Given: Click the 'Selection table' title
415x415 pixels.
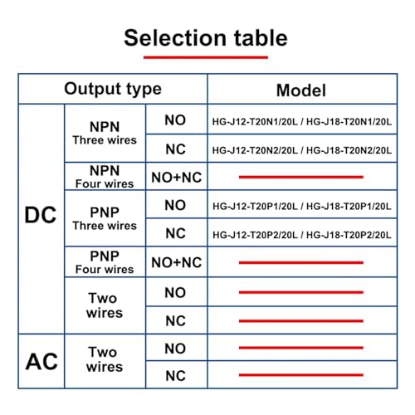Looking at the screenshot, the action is pyautogui.click(x=206, y=38).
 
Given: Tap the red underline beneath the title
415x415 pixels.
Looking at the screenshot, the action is pyautogui.click(x=206, y=57).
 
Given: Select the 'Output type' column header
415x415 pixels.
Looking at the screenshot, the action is pyautogui.click(x=113, y=89).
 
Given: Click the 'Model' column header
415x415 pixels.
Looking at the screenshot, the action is pyautogui.click(x=301, y=90).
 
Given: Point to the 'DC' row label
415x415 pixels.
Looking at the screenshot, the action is pyautogui.click(x=41, y=215).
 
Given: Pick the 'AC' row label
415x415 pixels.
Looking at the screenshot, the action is pyautogui.click(x=41, y=362).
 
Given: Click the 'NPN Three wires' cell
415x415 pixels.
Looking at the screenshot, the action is pyautogui.click(x=105, y=133).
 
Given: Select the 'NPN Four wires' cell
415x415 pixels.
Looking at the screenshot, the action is pyautogui.click(x=105, y=177).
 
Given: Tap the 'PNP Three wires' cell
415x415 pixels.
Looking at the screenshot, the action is pyautogui.click(x=105, y=218).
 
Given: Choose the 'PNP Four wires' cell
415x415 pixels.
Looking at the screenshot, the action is pyautogui.click(x=105, y=262).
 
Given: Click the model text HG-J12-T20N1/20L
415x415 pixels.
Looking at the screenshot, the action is pyautogui.click(x=255, y=122).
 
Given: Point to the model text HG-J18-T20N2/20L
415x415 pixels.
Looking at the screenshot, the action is pyautogui.click(x=349, y=150).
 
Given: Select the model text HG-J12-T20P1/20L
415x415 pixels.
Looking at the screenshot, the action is pyautogui.click(x=255, y=207).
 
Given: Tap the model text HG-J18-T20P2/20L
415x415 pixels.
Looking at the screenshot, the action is pyautogui.click(x=349, y=235).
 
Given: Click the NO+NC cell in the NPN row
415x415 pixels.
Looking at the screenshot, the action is pyautogui.click(x=177, y=178).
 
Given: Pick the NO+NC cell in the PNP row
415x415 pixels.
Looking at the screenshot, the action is pyautogui.click(x=177, y=262).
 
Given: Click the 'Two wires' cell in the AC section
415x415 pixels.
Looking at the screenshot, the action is pyautogui.click(x=105, y=359).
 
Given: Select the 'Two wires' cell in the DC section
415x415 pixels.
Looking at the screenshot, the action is pyautogui.click(x=105, y=305).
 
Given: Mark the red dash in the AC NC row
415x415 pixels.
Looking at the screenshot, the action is pyautogui.click(x=301, y=375).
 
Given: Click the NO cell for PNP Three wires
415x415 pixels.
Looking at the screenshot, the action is pyautogui.click(x=175, y=205).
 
